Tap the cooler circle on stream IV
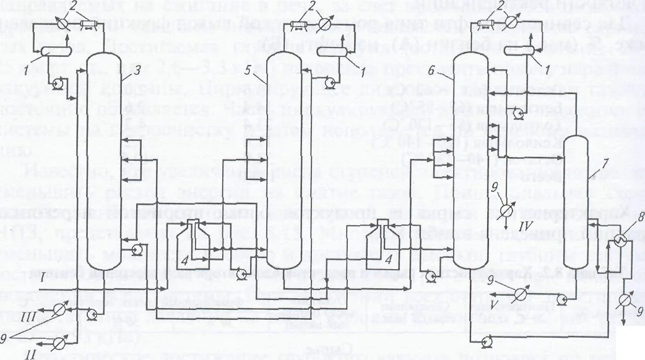click(506, 210)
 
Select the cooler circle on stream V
click(626, 301)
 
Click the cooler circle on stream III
click(59, 307)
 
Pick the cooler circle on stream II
click(59, 340)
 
